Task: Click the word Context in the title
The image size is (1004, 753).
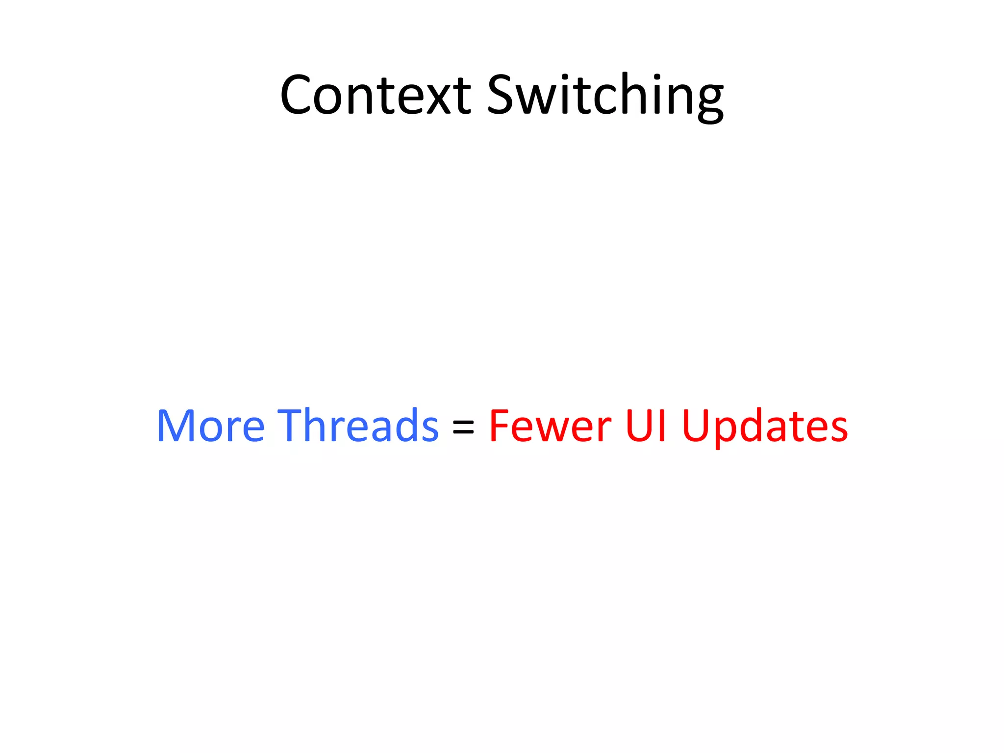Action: pos(375,95)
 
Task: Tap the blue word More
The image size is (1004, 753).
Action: pos(211,426)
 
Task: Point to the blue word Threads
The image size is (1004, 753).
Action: pos(358,426)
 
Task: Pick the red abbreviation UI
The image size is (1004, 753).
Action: pos(646,426)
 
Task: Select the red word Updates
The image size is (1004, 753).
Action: pos(765,426)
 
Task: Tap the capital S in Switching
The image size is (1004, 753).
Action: pos(501,95)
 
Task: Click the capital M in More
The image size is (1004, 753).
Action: pos(175,426)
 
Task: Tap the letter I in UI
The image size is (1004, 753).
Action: pos(662,426)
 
